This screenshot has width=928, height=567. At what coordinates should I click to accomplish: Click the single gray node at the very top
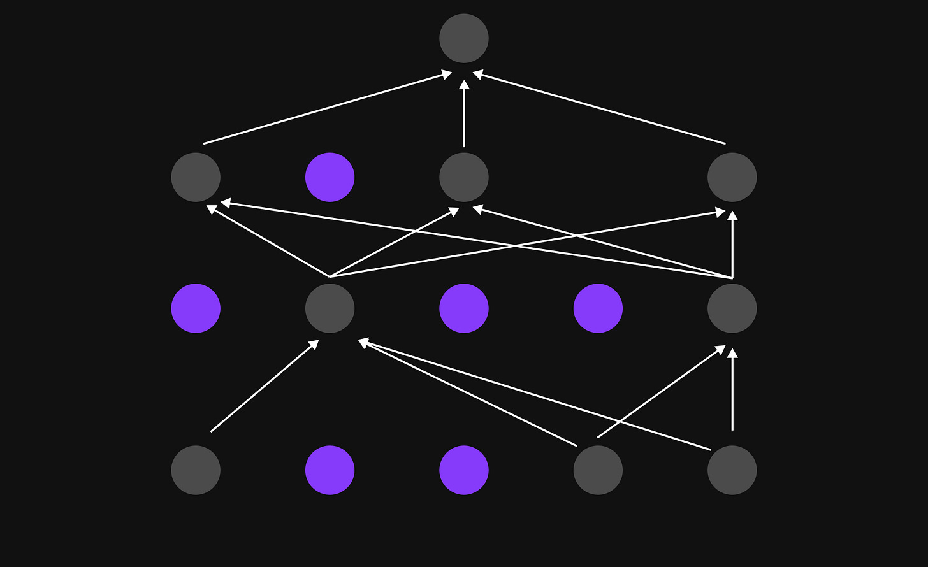click(464, 38)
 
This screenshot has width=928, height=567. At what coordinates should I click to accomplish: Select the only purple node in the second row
click(330, 177)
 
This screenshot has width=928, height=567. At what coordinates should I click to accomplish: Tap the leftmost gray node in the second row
click(196, 177)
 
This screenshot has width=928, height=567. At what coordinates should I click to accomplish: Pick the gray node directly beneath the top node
click(464, 177)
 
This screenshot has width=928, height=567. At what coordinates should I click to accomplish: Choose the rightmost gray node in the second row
click(732, 177)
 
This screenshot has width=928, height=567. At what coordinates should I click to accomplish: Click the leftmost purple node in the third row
click(196, 308)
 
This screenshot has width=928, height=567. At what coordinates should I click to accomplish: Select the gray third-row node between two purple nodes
click(330, 308)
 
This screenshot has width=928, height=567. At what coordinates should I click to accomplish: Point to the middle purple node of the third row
click(464, 308)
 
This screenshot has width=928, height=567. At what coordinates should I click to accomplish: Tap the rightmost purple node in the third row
click(598, 308)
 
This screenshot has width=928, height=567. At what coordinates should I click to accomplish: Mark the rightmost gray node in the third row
click(732, 308)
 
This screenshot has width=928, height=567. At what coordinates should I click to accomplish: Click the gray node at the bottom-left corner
click(196, 470)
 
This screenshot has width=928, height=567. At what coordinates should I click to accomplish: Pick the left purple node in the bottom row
click(330, 470)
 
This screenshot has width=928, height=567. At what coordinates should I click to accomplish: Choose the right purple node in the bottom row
click(464, 470)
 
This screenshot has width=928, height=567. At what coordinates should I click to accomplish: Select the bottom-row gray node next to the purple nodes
click(598, 470)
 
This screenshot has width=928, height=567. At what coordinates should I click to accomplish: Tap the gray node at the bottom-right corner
click(732, 470)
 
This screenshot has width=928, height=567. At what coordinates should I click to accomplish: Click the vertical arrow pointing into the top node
click(464, 115)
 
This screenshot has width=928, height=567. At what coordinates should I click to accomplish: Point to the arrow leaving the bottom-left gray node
click(264, 387)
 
